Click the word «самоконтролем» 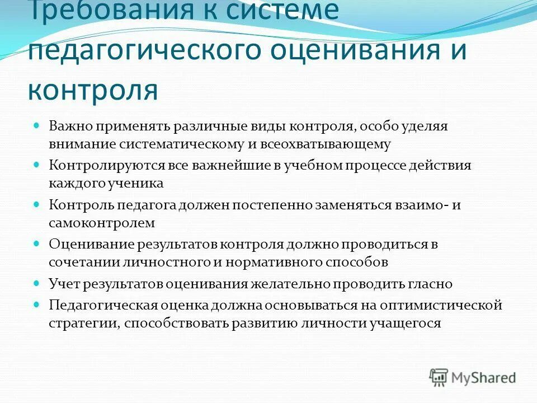pyautogui.click(x=101, y=222)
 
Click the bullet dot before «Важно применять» pyautogui.click(x=37, y=126)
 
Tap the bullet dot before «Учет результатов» pyautogui.click(x=37, y=283)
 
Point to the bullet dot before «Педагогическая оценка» pyautogui.click(x=37, y=305)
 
